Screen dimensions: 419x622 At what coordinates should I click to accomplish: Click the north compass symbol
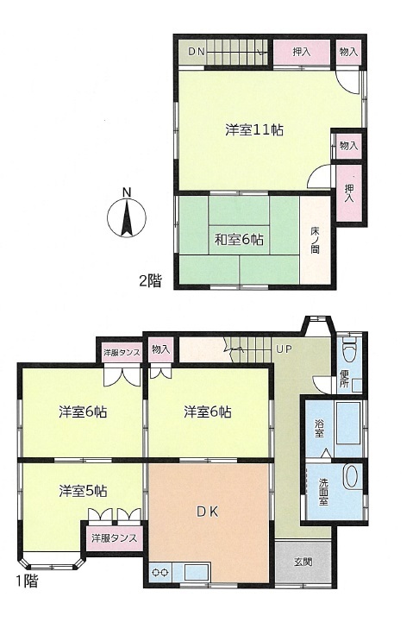pos(127,217)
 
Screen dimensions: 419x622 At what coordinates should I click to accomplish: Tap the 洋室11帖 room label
pos(254,129)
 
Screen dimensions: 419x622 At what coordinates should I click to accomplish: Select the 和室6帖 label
pos(239,240)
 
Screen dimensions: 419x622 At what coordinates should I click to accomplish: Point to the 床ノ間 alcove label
pos(315,240)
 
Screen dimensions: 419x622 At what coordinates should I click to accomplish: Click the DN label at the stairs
pos(197,52)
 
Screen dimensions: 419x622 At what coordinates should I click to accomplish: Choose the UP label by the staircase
pos(284,349)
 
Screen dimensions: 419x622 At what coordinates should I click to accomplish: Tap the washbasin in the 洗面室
pos(352,476)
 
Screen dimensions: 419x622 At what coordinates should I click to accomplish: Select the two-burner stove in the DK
pos(160,573)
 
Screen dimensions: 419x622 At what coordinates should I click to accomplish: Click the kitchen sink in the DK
pos(197,573)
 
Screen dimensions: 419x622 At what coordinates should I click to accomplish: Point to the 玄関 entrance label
pos(303,562)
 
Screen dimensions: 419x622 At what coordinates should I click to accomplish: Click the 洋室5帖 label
pos(83,491)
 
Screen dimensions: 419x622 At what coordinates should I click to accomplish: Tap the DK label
pos(208,512)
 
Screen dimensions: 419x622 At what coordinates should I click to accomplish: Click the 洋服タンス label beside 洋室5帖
pos(114,538)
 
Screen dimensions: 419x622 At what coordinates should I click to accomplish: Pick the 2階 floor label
pos(150,281)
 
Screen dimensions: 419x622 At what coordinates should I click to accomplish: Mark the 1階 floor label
pos(28,581)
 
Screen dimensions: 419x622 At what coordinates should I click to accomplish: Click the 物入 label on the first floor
pos(160,349)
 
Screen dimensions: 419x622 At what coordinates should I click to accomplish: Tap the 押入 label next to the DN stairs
pos(301,52)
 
